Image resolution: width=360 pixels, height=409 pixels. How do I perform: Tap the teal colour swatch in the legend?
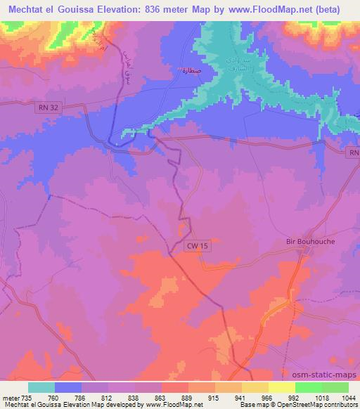point(41,387)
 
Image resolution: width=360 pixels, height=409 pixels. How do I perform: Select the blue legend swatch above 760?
point(68,387)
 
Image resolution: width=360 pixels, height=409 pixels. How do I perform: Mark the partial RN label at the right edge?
point(354,152)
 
